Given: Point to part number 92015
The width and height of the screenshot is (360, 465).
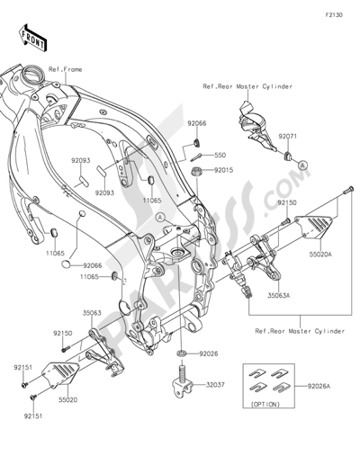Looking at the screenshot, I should pyautogui.click(x=223, y=169).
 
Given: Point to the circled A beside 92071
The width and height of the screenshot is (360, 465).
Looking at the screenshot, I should pyautogui.click(x=302, y=165).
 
